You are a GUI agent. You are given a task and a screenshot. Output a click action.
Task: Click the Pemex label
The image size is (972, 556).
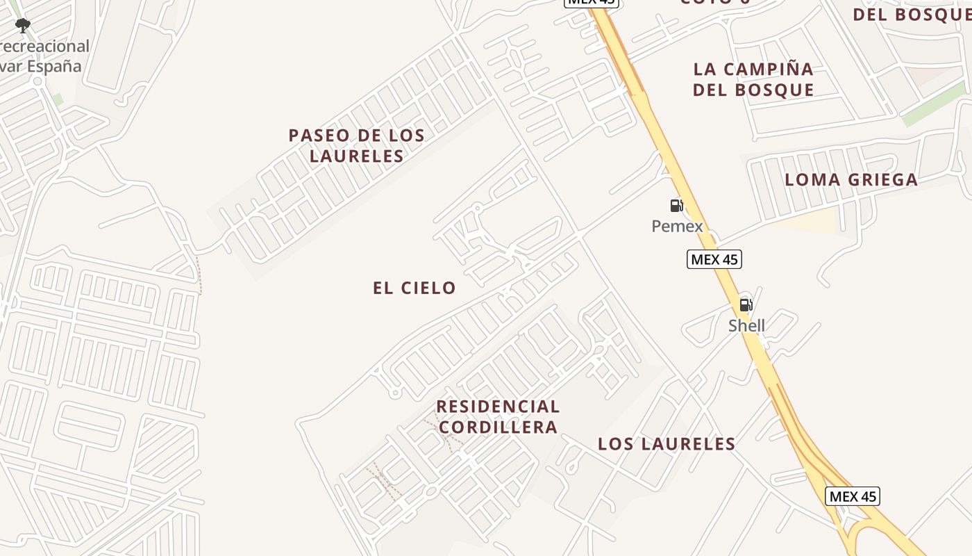click(x=677, y=226)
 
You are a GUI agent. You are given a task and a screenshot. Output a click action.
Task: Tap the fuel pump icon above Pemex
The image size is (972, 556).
click(x=676, y=205)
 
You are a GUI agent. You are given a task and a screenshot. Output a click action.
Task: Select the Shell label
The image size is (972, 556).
click(x=746, y=325)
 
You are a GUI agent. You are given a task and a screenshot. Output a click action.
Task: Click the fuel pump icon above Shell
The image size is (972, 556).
click(x=746, y=304)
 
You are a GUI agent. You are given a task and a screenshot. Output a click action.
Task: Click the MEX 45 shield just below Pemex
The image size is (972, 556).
click(x=714, y=259)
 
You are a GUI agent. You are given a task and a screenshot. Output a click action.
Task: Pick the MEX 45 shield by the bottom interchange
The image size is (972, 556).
click(x=853, y=496)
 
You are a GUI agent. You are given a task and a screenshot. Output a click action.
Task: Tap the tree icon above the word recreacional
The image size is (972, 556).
click(x=23, y=26)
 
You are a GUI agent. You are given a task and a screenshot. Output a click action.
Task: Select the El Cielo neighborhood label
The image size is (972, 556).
click(x=414, y=288)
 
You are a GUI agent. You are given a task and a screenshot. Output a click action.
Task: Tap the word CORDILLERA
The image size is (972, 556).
click(x=498, y=427)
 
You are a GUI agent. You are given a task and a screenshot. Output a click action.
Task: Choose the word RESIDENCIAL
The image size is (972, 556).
click(x=498, y=407)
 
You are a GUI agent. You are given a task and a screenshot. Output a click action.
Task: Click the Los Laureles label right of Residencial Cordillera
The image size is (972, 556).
click(x=667, y=444)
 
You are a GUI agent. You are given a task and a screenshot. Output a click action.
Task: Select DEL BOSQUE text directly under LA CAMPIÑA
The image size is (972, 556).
click(x=753, y=90)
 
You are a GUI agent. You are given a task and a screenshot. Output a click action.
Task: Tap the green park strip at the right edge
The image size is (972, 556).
click(x=934, y=104)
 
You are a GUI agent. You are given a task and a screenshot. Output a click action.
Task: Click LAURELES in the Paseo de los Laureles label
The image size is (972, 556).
click(x=356, y=156)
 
